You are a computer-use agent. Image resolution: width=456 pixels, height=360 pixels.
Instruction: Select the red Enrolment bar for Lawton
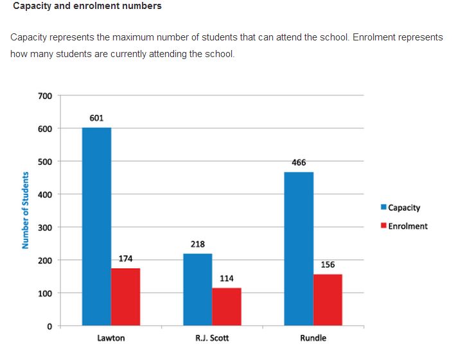point(125,296)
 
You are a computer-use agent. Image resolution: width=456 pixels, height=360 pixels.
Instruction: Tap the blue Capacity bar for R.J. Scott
point(198,289)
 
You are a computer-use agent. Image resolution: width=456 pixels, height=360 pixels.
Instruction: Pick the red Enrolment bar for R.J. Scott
point(227,307)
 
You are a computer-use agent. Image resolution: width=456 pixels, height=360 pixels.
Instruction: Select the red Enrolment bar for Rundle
point(328,300)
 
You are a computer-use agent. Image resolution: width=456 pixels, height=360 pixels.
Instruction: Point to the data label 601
point(96,118)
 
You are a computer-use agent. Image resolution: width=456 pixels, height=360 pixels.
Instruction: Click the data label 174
point(126,259)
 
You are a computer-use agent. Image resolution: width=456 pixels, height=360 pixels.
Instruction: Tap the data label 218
point(198,244)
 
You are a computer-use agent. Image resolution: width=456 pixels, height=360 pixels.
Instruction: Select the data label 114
point(227,279)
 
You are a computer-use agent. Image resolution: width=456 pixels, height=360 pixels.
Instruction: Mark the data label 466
point(299,162)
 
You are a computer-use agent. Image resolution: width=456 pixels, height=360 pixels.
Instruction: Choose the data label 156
point(328,264)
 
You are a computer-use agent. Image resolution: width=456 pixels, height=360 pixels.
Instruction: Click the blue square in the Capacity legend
point(384,207)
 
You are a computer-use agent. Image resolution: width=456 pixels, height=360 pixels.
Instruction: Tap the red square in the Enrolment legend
point(384,226)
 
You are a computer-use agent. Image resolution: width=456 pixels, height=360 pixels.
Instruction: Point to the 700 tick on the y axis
point(45,96)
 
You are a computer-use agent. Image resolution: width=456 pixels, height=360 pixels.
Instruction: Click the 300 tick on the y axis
point(45,227)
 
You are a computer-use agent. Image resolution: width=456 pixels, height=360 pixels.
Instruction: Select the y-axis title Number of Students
point(26,210)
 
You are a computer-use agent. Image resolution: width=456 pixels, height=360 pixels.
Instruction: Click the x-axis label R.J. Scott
point(212,338)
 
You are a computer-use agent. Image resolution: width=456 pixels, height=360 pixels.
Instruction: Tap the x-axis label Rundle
point(313,338)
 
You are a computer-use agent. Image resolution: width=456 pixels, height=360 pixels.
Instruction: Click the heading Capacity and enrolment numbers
point(87,6)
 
